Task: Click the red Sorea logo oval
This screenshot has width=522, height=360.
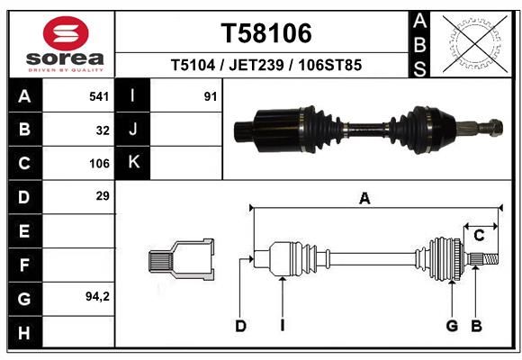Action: click(66, 33)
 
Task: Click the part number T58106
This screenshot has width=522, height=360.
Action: click(266, 33)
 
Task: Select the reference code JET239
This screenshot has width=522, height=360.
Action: click(256, 65)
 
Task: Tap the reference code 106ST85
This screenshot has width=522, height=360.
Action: click(330, 65)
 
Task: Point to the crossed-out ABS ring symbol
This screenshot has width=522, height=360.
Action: click(475, 44)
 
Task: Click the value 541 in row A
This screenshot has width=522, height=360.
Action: click(99, 96)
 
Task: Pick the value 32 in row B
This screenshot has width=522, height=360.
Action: click(103, 130)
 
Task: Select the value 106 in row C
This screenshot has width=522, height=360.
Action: click(99, 164)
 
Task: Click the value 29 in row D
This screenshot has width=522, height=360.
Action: click(103, 196)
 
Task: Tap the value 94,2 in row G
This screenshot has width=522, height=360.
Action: click(97, 296)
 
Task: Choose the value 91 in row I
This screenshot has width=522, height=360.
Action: click(211, 96)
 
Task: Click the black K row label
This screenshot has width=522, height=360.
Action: click(132, 163)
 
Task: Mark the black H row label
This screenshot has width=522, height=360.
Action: click(25, 332)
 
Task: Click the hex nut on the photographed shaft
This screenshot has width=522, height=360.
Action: click(496, 128)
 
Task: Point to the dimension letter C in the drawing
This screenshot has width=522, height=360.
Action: click(479, 236)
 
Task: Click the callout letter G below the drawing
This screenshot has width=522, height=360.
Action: click(452, 326)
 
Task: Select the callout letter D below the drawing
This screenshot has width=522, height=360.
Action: click(240, 326)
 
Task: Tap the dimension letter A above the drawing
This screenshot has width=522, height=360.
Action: click(364, 199)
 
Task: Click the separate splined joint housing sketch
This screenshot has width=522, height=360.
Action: click(181, 259)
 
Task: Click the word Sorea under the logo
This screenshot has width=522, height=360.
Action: click(65, 58)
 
